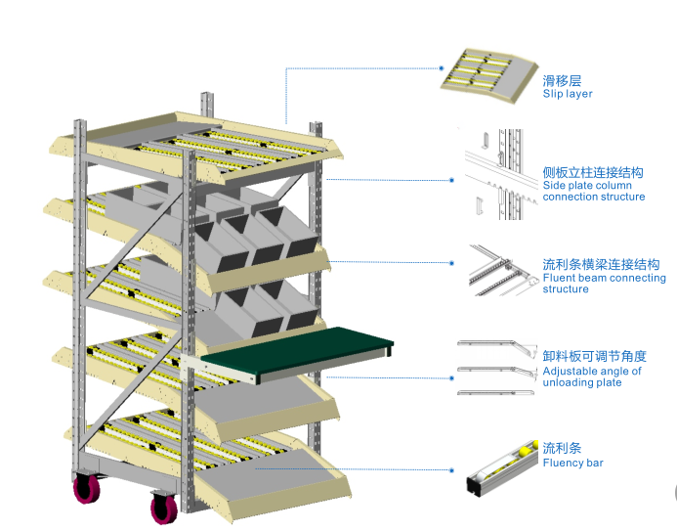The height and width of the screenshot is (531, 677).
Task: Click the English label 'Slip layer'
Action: [567, 94]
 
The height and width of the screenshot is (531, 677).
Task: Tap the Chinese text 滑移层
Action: [562, 81]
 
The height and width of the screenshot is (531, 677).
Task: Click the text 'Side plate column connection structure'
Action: [593, 191]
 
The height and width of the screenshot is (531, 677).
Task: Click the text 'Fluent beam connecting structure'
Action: [604, 284]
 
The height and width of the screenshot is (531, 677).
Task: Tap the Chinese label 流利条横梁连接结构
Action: [601, 264]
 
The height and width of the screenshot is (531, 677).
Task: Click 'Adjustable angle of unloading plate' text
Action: [592, 376]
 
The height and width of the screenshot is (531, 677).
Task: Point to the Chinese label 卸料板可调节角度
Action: [594, 357]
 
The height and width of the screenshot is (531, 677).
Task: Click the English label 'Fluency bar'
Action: [572, 463]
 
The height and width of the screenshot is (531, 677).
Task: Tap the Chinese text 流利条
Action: [562, 448]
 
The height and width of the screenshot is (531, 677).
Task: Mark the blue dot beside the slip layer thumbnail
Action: [442, 68]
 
